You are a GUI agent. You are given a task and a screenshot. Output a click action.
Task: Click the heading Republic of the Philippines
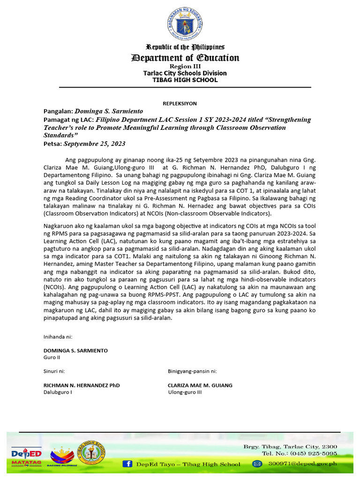click(185, 47)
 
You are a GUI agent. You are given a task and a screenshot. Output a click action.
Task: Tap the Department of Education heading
click(185, 58)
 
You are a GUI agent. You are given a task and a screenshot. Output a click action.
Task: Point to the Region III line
click(185, 67)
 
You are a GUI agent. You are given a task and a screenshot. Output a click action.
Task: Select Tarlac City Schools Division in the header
click(185, 73)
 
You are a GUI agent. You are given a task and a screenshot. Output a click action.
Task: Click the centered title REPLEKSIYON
click(180, 103)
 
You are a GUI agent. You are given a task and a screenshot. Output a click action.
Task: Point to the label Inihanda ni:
click(58, 337)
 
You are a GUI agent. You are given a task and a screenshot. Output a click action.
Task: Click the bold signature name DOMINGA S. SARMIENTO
click(75, 351)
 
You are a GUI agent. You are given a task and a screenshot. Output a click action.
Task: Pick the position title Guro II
click(52, 357)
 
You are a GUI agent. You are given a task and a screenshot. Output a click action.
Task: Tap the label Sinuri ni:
click(54, 371)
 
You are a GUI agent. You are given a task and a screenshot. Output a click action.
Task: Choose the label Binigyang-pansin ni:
click(192, 371)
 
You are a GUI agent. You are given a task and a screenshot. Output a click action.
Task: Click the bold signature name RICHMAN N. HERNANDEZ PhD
click(82, 385)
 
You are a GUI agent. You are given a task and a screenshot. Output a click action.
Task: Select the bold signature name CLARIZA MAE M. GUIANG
click(200, 385)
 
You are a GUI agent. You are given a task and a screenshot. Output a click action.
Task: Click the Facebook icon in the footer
click(127, 464)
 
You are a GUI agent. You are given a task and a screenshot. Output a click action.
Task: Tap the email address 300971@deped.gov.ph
click(302, 464)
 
